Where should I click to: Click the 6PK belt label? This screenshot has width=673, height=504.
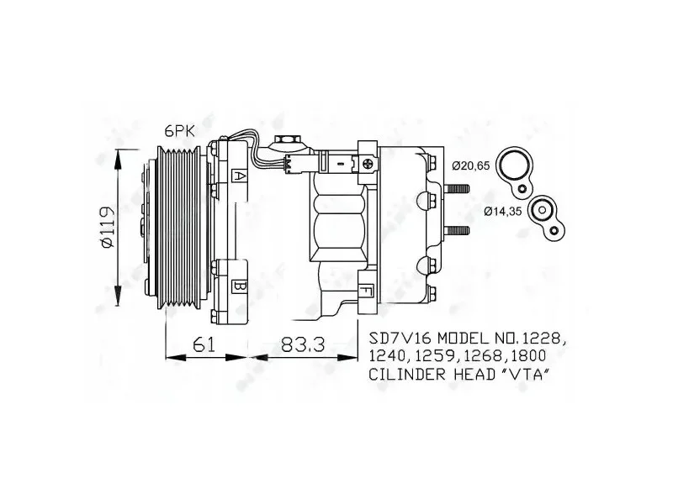180,131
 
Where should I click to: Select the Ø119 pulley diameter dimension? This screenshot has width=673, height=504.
107,227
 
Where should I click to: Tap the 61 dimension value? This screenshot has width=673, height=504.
204,344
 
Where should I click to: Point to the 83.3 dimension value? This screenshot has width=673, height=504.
304,344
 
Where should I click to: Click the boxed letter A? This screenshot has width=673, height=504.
239,176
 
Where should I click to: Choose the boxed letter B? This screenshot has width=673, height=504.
239,286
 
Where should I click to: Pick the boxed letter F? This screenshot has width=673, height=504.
366,291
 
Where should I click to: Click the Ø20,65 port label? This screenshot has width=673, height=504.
470,165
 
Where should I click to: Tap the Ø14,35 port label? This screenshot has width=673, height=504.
502,211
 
